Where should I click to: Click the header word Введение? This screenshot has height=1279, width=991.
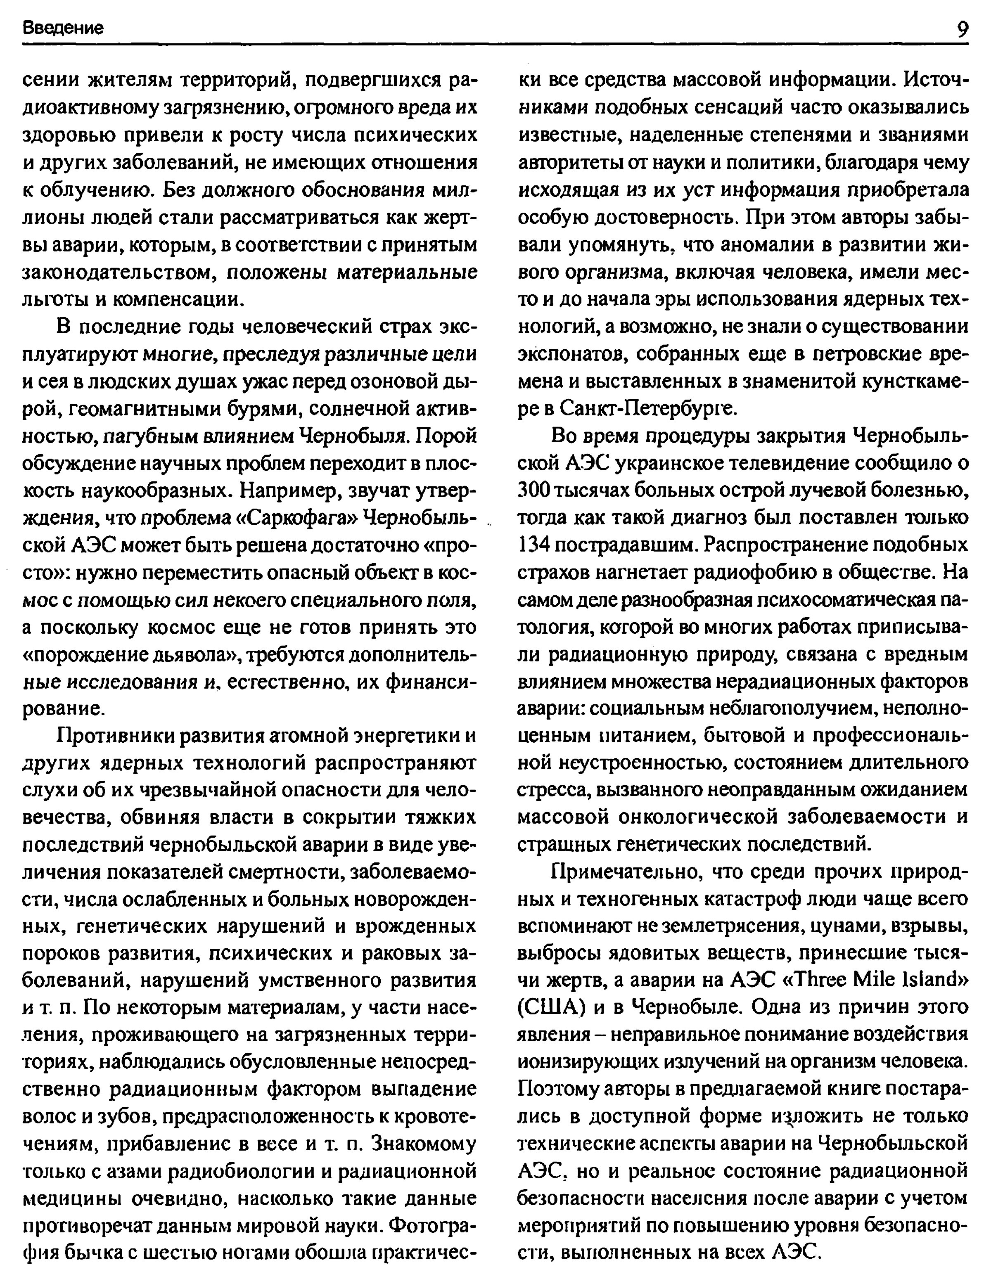click(x=63, y=28)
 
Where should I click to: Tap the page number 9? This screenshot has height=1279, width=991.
click(x=960, y=28)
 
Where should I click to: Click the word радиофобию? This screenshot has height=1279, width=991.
click(x=763, y=572)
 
